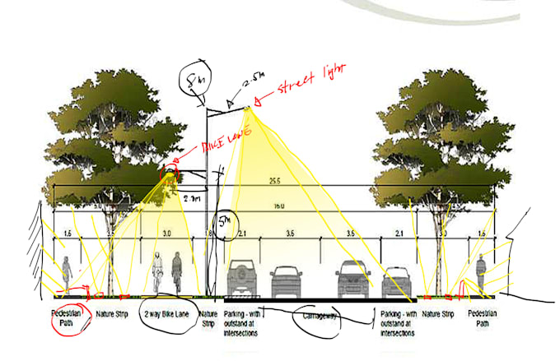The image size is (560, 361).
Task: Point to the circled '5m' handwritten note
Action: coord(226,221)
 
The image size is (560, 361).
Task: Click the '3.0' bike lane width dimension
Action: coord(166,234)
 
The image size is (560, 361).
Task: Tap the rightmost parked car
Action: coord(397,282)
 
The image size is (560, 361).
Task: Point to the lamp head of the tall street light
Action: coord(249,108)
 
